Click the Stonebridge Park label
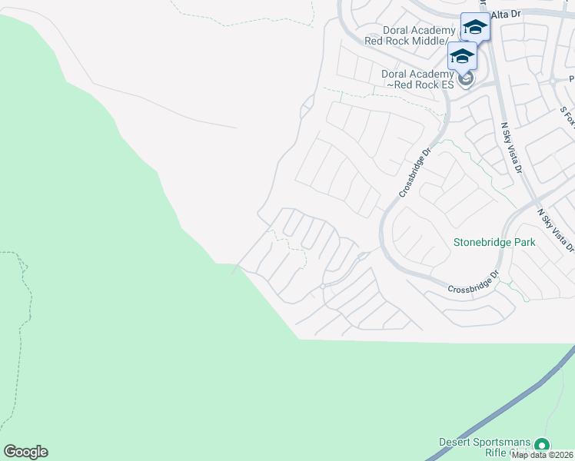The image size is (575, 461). pyautogui.click(x=494, y=242)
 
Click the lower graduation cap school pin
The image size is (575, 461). pyautogui.click(x=462, y=56)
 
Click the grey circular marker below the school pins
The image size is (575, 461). pyautogui.click(x=464, y=78)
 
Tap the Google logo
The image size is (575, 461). pyautogui.click(x=25, y=452)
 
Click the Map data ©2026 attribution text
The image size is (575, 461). pyautogui.click(x=543, y=455)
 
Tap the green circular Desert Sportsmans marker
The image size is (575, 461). pyautogui.click(x=542, y=445)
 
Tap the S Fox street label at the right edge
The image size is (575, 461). pyautogui.click(x=567, y=118)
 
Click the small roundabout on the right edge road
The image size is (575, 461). pyautogui.click(x=553, y=80)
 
